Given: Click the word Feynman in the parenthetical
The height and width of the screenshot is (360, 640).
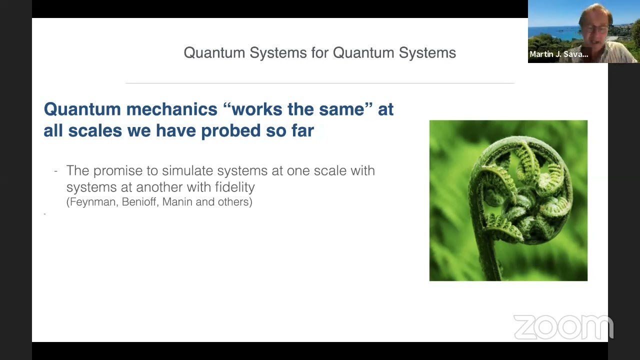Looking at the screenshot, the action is click(92, 202).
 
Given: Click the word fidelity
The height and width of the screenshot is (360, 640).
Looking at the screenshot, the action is click(235, 187).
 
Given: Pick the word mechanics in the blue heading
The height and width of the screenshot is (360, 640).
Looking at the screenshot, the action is click(172, 109).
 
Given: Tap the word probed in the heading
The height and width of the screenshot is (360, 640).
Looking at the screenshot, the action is click(231, 131).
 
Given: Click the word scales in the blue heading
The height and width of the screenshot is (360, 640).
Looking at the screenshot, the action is click(95, 131).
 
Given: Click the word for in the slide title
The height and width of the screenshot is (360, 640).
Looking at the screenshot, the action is click(321, 52).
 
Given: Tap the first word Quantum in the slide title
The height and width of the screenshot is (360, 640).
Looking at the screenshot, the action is click(214, 52).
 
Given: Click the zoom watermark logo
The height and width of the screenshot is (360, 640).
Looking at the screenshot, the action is click(563, 327).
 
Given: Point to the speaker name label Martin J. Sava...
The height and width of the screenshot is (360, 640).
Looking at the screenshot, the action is click(559, 54).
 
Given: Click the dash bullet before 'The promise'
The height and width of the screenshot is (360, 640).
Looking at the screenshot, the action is click(55, 171).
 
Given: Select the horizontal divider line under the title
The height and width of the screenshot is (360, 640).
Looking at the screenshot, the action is click(320, 83).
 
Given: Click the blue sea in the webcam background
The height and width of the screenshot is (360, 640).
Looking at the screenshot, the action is click(554, 33).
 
